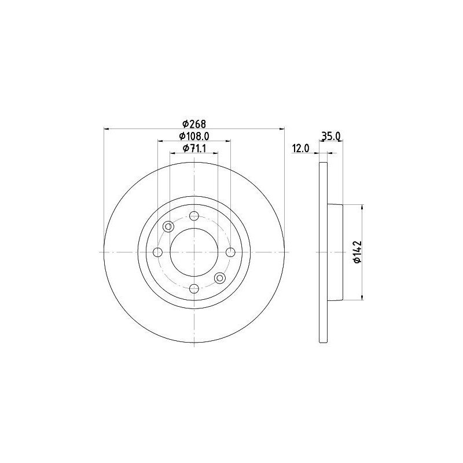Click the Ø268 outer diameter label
pos(194,124)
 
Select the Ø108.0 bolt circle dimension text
pos(194,136)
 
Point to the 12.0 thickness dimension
pos(300,148)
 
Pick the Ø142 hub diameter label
pos(357,252)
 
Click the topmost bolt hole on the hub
pos(194,216)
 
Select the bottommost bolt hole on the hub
pos(194,288)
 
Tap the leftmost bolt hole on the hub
pos(158,252)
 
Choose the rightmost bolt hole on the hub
pos(230,252)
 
